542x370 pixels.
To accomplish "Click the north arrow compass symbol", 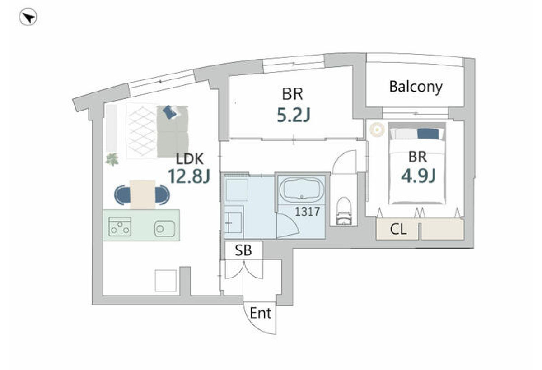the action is click(x=28, y=17).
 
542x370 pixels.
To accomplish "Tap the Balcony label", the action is click(x=416, y=87).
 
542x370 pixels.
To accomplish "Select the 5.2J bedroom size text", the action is click(x=293, y=115).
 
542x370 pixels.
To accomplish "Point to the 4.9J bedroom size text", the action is click(x=418, y=176).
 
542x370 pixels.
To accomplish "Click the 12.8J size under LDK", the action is click(x=189, y=176).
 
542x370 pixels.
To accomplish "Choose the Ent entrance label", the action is click(x=260, y=313).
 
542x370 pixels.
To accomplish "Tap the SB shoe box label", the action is click(x=243, y=250).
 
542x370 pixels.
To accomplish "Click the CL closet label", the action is click(x=398, y=229).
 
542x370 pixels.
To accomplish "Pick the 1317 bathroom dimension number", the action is click(x=307, y=212).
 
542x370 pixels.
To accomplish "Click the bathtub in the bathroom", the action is click(x=302, y=190).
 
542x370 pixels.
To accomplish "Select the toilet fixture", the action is click(x=344, y=211).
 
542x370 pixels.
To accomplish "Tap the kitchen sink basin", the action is click(x=164, y=228).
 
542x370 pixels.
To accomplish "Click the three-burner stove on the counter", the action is click(x=120, y=227).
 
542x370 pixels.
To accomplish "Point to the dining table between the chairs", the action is click(x=142, y=194).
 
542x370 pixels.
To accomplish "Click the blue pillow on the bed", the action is click(x=428, y=134).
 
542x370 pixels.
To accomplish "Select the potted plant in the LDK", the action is click(x=112, y=159).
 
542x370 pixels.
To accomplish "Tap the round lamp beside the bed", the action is click(x=377, y=130).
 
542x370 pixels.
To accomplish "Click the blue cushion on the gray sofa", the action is click(x=170, y=112).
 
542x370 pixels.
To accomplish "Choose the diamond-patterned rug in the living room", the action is click(x=141, y=131).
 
